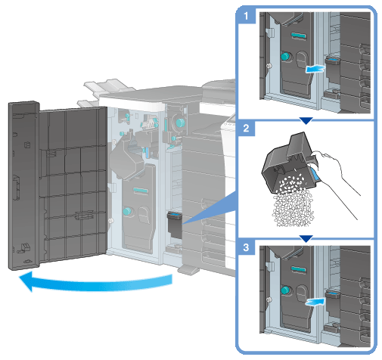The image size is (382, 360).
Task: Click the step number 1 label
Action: pyautogui.click(x=246, y=17)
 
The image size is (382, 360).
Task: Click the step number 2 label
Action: pyautogui.click(x=246, y=129)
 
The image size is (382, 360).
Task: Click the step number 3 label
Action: pyautogui.click(x=246, y=247)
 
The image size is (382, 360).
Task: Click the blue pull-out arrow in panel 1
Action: pyautogui.click(x=315, y=68)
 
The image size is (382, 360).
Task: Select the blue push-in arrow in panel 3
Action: pyautogui.click(x=315, y=301)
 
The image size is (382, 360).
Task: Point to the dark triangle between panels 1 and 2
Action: pyautogui.click(x=306, y=120)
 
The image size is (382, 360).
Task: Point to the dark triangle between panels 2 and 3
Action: pyautogui.click(x=306, y=239)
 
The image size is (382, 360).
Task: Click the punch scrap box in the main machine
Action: pyautogui.click(x=175, y=225)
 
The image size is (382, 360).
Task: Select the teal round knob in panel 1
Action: pyautogui.click(x=285, y=56)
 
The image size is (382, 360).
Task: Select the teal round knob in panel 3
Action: pyautogui.click(x=285, y=290)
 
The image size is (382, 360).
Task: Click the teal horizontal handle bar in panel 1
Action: pyautogui.click(x=299, y=36)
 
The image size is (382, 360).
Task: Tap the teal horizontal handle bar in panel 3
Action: pyautogui.click(x=299, y=269)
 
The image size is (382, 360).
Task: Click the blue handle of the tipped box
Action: pyautogui.click(x=315, y=175)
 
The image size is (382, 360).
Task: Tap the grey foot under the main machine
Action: pyautogui.click(x=188, y=269)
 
